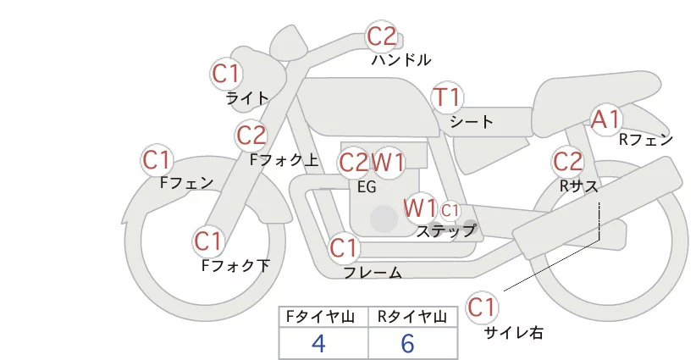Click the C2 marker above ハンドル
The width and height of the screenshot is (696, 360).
(x=381, y=36)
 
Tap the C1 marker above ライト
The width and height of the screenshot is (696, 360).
(x=226, y=74)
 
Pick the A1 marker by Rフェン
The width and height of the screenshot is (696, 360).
(x=605, y=119)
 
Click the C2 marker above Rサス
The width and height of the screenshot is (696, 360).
(x=567, y=161)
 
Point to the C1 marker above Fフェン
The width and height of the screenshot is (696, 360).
(x=157, y=159)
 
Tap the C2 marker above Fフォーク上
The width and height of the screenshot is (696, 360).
(x=251, y=135)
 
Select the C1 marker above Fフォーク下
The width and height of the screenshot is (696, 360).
(x=207, y=242)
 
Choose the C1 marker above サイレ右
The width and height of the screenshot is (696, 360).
(x=483, y=307)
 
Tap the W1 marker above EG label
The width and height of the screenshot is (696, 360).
(x=389, y=162)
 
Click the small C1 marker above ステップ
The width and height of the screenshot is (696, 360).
(x=450, y=209)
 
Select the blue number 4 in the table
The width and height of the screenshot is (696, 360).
(x=319, y=343)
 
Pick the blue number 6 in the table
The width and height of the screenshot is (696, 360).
(x=407, y=343)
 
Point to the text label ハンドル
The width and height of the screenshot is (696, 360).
(x=401, y=60)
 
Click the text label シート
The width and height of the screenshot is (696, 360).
(x=471, y=122)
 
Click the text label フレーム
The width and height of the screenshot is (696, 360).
(x=373, y=273)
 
